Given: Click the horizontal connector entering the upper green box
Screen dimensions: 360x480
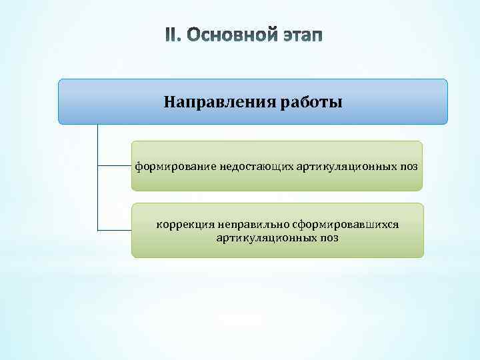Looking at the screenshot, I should point(115,166).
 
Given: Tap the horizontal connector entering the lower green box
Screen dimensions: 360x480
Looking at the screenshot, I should point(115,230).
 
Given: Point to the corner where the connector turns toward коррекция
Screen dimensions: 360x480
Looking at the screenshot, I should point(98,230).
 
